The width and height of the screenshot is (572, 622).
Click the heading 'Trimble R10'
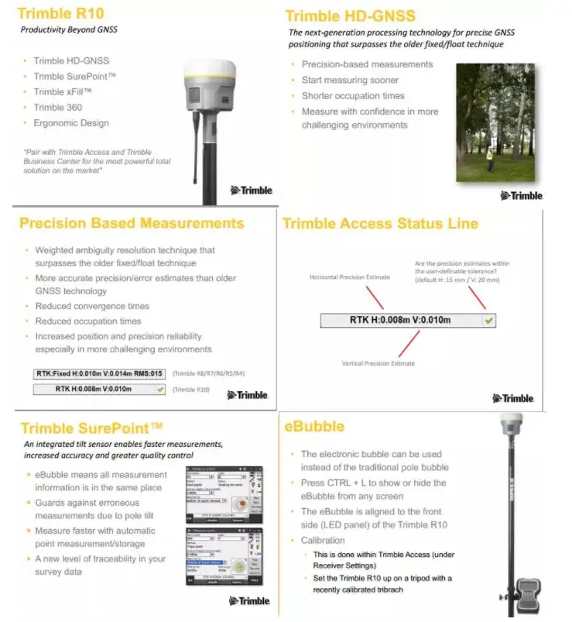[x=60, y=13]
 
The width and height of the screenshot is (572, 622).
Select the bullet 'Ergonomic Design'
[x=71, y=123]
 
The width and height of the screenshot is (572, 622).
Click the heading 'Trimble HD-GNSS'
[x=350, y=15]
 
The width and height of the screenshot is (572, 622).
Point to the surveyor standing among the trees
[x=488, y=160]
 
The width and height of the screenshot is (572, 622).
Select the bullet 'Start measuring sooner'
[x=350, y=80]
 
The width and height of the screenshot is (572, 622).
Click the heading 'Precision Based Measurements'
[x=132, y=223]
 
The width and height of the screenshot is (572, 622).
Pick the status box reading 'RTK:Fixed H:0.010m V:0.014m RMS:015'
[x=100, y=373]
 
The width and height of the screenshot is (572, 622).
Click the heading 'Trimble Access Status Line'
[x=380, y=223]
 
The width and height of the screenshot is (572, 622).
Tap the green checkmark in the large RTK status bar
[x=489, y=320]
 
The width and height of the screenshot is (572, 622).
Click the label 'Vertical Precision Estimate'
[x=378, y=363]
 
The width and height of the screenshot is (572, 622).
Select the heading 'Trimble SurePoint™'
[x=92, y=428]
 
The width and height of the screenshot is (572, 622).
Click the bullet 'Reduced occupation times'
[x=88, y=321]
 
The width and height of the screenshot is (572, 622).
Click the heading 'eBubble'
[x=314, y=427]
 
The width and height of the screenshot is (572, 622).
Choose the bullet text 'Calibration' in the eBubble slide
[x=323, y=540]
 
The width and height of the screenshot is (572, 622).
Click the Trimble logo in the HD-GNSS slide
[x=522, y=195]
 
